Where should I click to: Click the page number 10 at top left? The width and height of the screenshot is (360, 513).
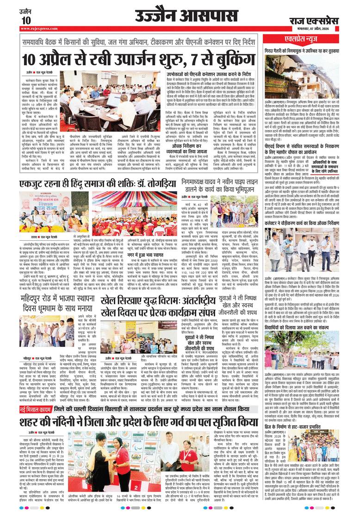click(x=26, y=20)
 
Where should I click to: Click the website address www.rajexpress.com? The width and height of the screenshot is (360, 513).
click(x=39, y=29)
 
